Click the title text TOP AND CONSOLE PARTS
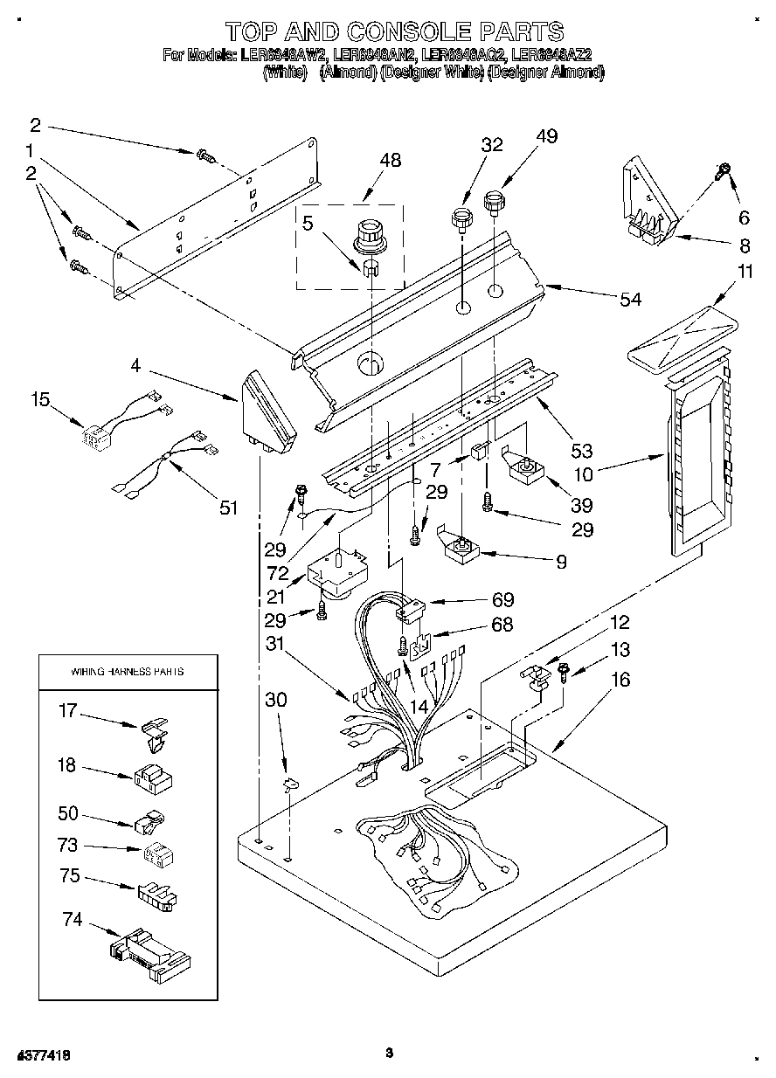click(x=394, y=32)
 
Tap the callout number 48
click(x=391, y=161)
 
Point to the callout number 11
click(x=744, y=272)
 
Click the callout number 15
click(x=39, y=399)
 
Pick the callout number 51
click(x=228, y=508)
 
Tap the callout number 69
click(x=502, y=599)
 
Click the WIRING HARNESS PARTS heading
click(x=127, y=672)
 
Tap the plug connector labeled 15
click(x=94, y=433)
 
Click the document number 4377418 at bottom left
click(x=44, y=1055)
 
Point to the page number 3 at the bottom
click(x=390, y=1054)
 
